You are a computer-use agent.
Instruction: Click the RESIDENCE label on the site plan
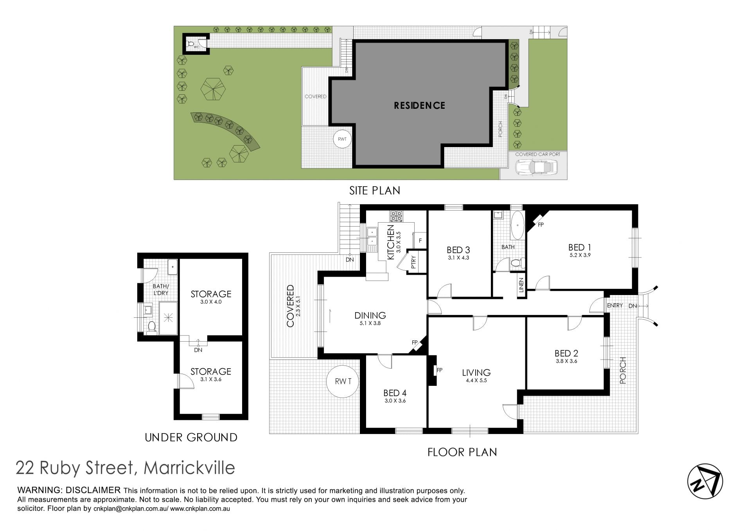click(x=419, y=105)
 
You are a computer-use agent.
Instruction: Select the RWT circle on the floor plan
click(x=343, y=382)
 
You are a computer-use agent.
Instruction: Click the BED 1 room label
click(x=580, y=247)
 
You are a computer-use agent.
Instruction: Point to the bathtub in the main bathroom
click(x=517, y=226)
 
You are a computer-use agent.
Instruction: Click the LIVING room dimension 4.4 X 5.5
click(x=476, y=380)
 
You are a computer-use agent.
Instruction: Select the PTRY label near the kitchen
click(x=414, y=261)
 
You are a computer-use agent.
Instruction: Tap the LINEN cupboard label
click(x=521, y=285)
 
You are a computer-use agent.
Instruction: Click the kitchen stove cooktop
click(x=396, y=216)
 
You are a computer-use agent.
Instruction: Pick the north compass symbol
click(x=705, y=481)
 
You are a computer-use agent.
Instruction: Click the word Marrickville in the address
click(x=190, y=468)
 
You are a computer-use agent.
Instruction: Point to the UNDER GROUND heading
click(x=191, y=437)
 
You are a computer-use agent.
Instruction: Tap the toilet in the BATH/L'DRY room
click(x=152, y=328)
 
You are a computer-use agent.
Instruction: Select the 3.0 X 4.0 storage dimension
click(x=211, y=302)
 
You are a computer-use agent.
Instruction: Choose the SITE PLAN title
click(x=375, y=191)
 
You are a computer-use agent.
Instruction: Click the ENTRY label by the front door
click(x=615, y=305)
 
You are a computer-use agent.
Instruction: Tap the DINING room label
click(x=370, y=315)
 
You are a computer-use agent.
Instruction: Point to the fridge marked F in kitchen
click(x=420, y=241)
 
